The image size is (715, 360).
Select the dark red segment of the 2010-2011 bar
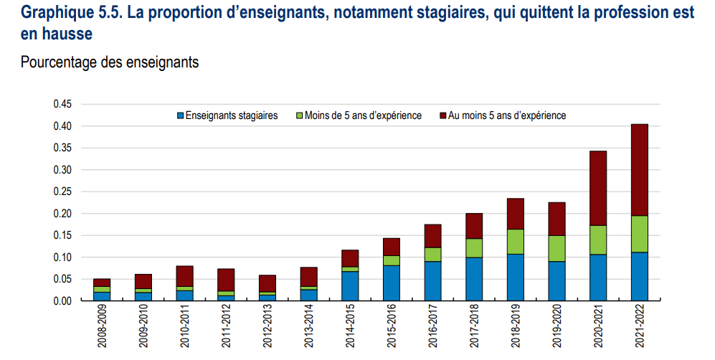click(185, 276)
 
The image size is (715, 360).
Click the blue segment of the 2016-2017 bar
click(433, 281)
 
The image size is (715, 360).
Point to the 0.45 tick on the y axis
click(62, 104)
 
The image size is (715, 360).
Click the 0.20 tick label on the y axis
click(62, 214)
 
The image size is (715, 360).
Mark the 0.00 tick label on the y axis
click(62, 301)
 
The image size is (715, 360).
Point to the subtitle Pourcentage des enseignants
click(110, 62)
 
